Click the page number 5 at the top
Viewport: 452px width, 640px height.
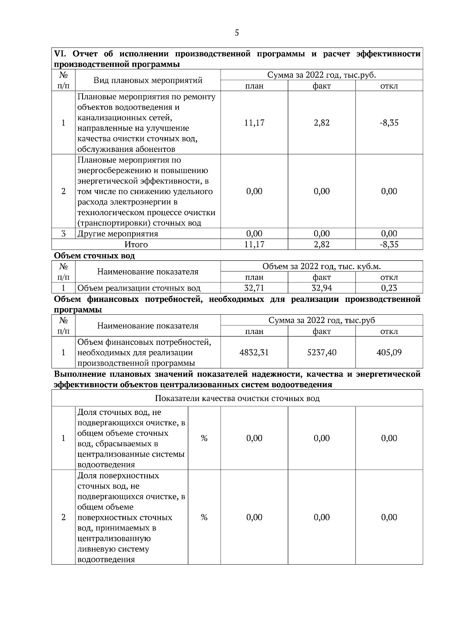coord(237,33)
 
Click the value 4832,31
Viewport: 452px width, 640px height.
coord(254,353)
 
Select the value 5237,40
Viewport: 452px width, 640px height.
coord(322,353)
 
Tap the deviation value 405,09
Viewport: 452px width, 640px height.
coord(389,353)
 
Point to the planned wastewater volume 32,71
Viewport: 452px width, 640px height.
coord(254,288)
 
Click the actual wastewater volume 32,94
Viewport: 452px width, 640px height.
coord(322,288)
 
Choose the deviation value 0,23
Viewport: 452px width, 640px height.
coord(389,288)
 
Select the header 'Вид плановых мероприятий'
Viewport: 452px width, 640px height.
coord(148,80)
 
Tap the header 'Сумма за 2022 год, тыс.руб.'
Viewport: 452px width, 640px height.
coord(321,75)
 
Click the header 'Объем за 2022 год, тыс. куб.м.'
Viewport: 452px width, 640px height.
coord(321,267)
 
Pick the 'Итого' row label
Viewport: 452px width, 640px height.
coord(136,245)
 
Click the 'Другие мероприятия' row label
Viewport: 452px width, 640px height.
coord(118,234)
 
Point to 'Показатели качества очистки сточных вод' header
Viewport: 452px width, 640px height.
coord(237,399)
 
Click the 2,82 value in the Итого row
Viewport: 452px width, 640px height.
coord(322,245)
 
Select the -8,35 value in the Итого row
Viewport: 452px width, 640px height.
coord(389,245)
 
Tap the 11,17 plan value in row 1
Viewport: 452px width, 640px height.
coord(254,123)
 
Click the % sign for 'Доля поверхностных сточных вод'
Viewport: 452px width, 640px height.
coord(204,518)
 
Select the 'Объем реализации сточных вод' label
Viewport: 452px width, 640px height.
coord(139,289)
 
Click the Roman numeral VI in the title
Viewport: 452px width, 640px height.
coord(60,54)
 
